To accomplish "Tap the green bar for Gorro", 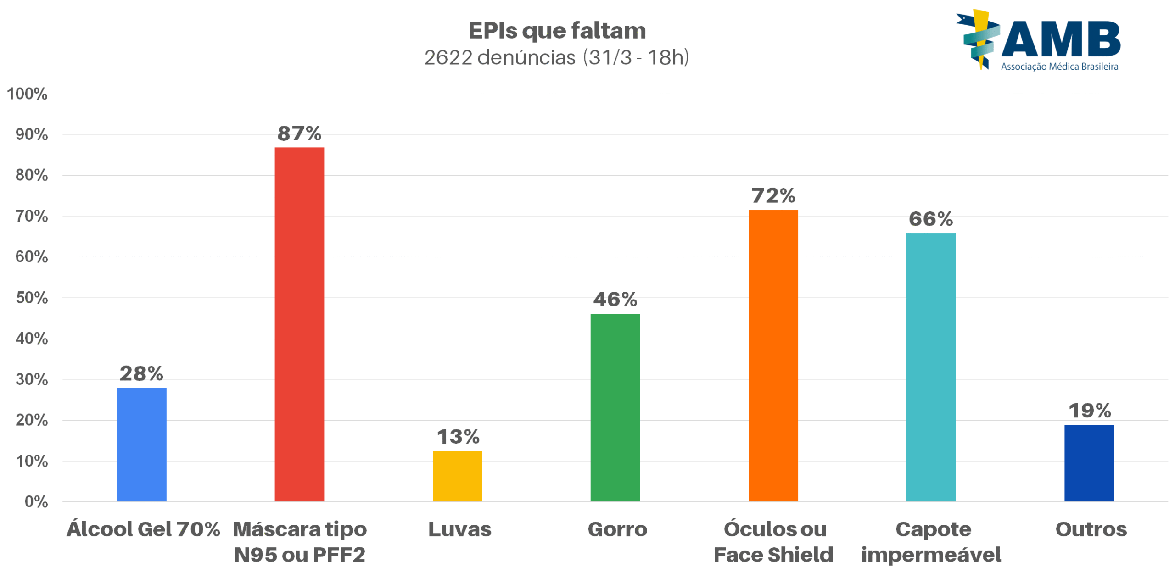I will coord(615,407).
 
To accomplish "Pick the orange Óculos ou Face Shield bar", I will coord(773,355).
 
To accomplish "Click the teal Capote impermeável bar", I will coord(931,367).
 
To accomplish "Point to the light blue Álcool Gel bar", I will coord(141,444).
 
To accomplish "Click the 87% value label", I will coord(299,133).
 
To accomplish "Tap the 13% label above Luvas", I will coord(458,436).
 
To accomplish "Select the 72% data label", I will coord(773,196).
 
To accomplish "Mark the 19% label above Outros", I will coord(1089,411).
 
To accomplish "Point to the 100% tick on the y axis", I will coord(27,94).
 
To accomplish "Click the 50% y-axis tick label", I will coord(32,298).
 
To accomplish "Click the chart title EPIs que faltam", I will coord(557,31).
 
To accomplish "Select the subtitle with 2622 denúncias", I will coord(556,58).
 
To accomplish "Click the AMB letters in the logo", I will coord(1061,40).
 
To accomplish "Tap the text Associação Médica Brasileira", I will coord(1059,67).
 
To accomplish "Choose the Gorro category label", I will coord(617,529).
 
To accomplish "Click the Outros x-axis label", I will coord(1091,529).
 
